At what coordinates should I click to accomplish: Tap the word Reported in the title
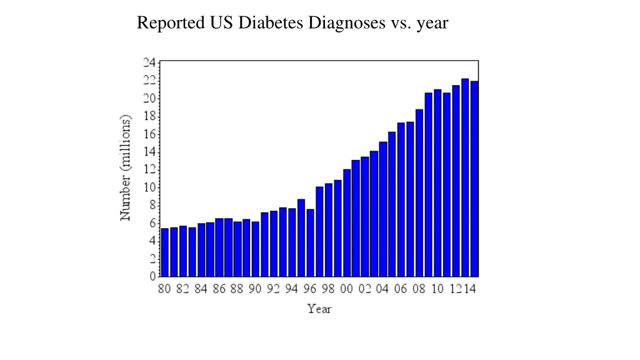tap(168, 23)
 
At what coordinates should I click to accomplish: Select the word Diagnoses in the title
tap(347, 23)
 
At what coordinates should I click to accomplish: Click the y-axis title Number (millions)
tap(126, 167)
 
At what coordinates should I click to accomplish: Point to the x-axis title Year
tap(319, 309)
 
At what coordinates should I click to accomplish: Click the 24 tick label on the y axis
tap(149, 62)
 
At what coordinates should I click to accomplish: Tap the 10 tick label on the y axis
tap(149, 187)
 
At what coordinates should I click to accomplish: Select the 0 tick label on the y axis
tap(152, 276)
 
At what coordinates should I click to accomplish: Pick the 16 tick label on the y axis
tap(149, 134)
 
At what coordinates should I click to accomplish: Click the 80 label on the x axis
tap(164, 289)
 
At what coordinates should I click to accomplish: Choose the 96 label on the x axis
tap(310, 289)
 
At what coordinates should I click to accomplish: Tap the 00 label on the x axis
tap(346, 289)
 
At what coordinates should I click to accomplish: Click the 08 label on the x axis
tap(419, 289)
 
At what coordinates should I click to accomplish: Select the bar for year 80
tap(165, 252)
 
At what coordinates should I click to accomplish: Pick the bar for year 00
tap(347, 223)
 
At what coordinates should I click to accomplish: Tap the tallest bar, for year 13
tap(465, 177)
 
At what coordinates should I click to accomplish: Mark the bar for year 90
tap(256, 249)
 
